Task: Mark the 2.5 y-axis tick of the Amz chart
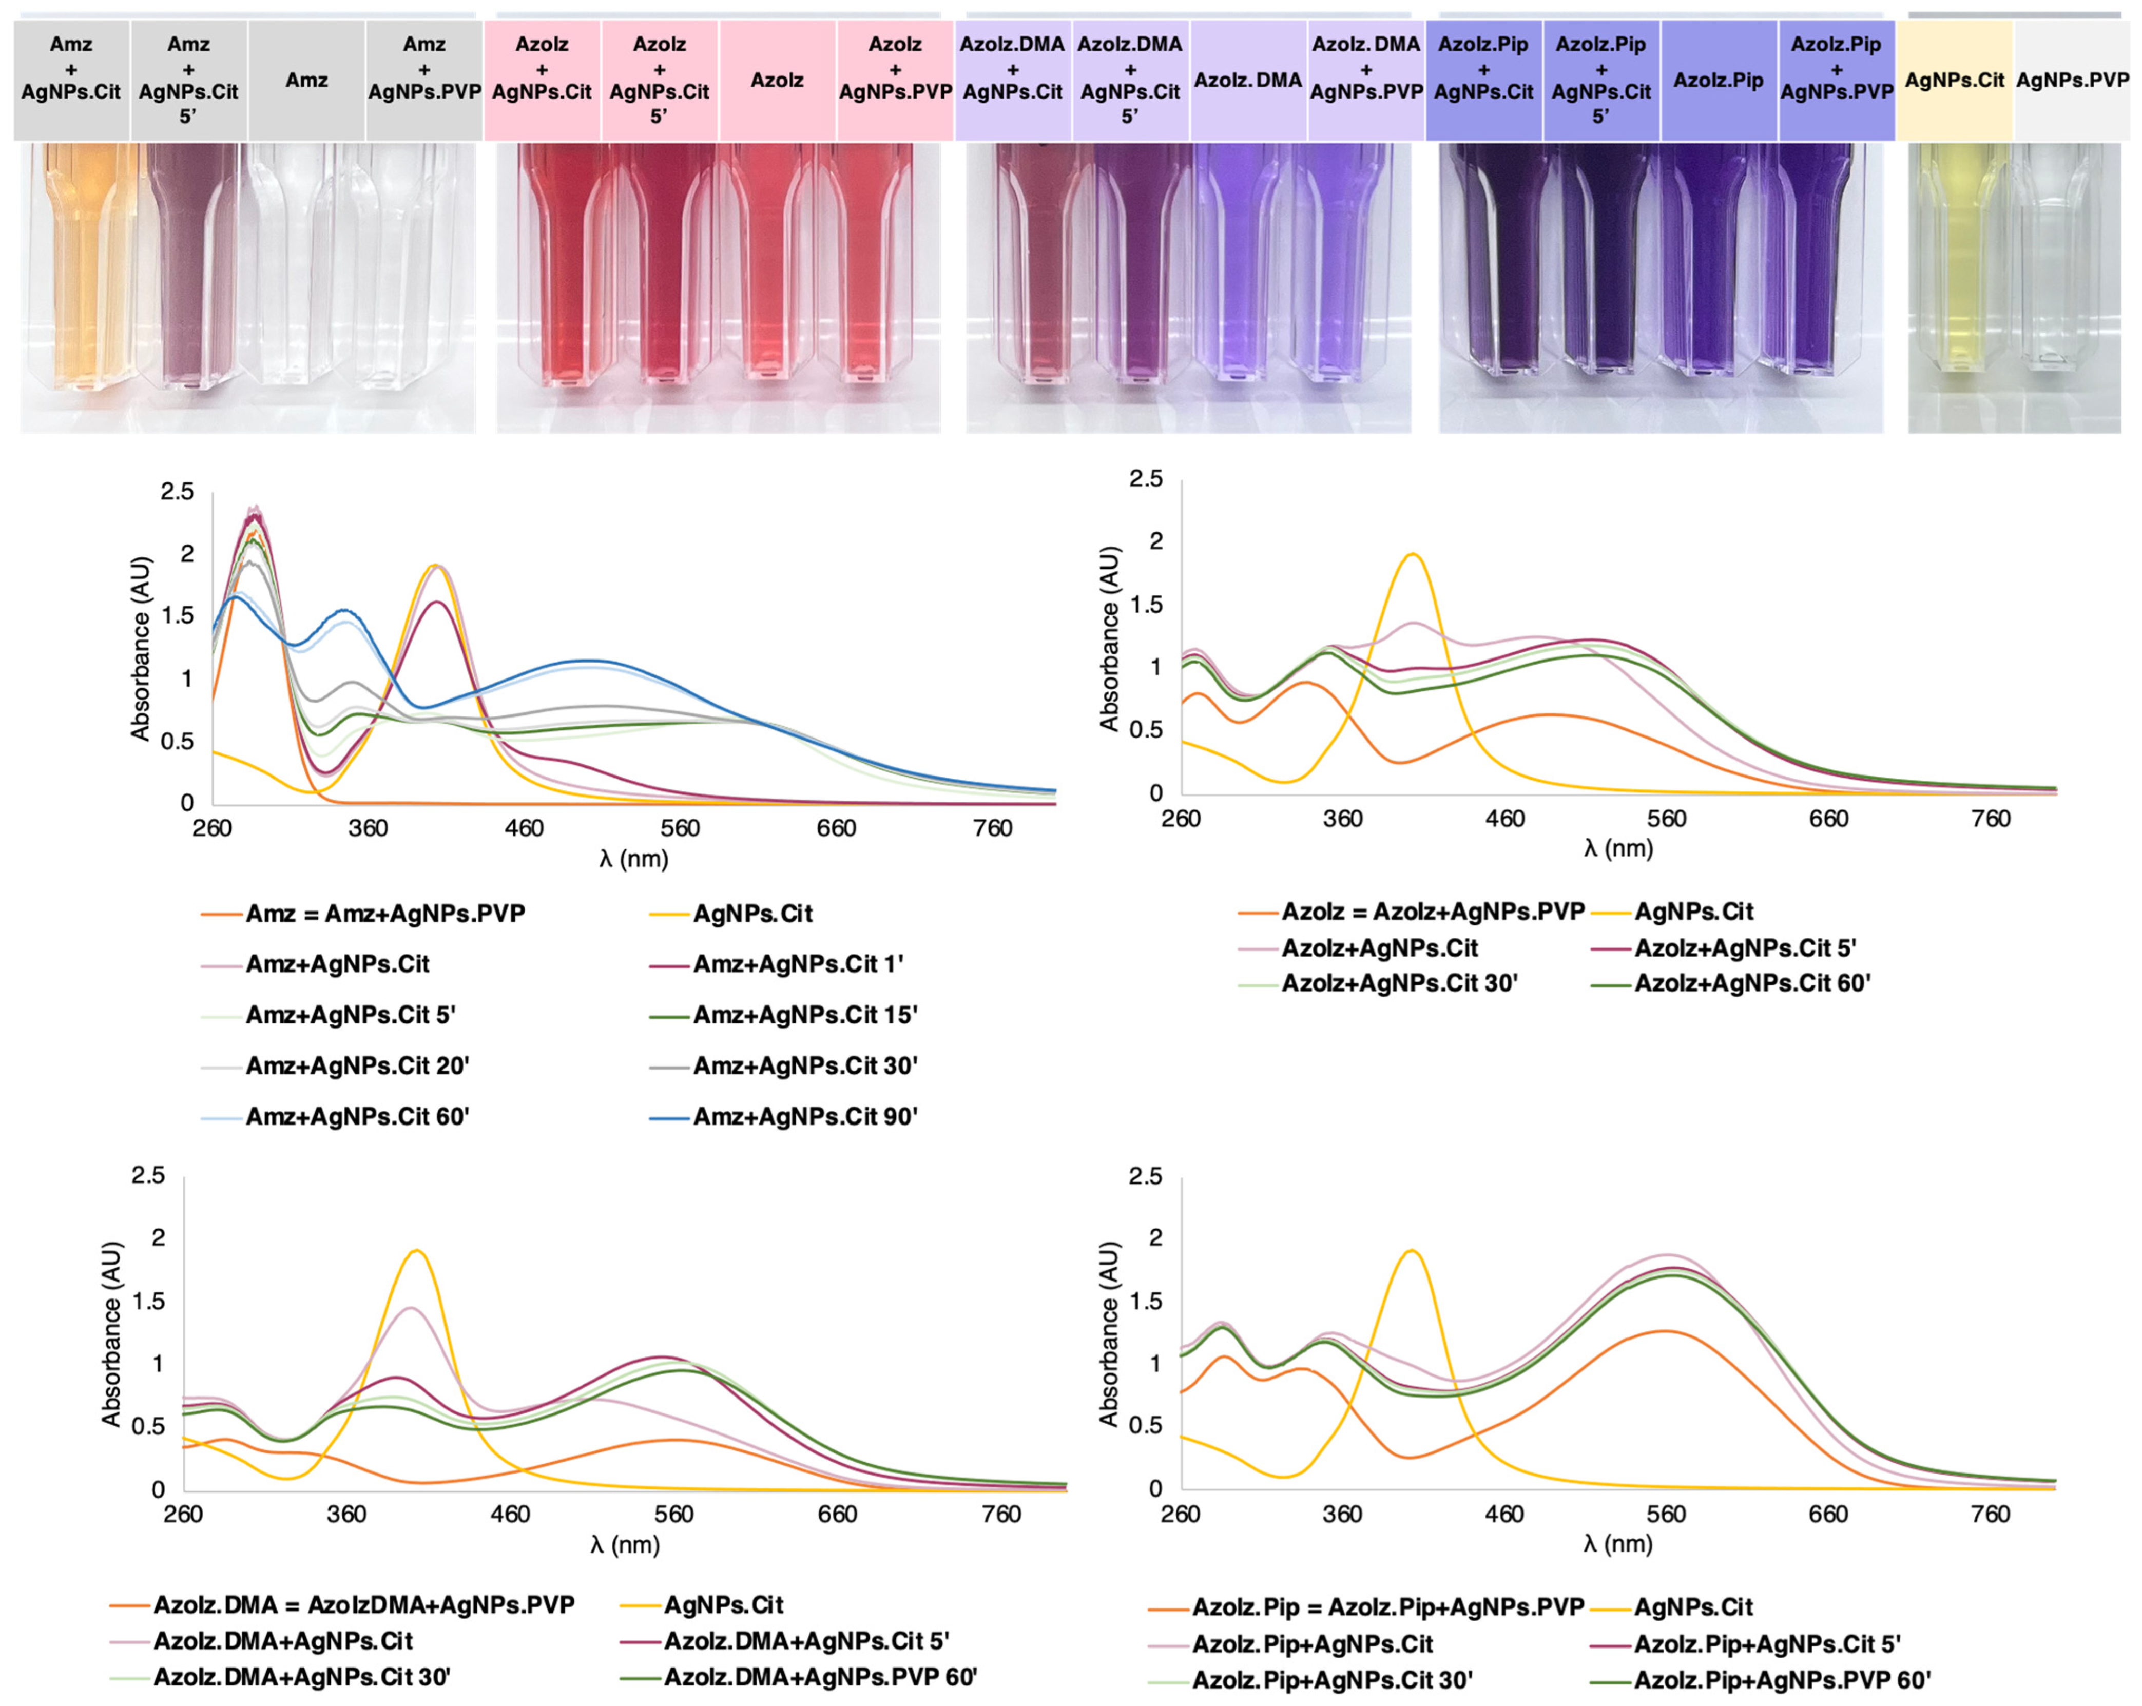(177, 492)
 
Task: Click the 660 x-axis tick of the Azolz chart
(1828, 819)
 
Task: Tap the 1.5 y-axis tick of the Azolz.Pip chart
(1148, 1301)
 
